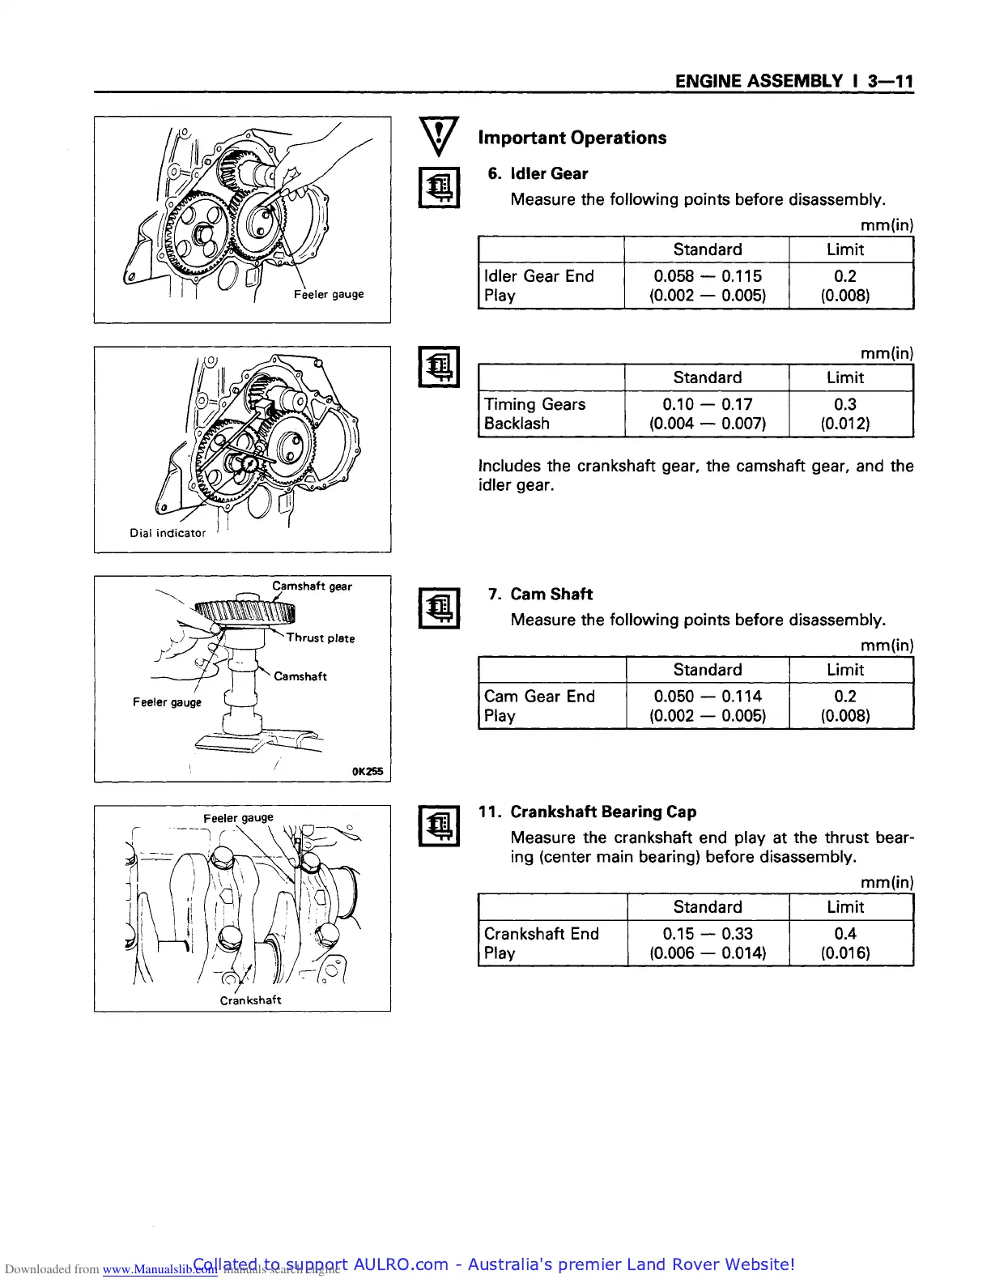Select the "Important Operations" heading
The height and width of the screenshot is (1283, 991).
(x=572, y=138)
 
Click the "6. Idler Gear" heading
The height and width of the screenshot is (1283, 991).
(x=538, y=173)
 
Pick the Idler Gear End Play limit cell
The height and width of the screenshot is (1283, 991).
(x=845, y=285)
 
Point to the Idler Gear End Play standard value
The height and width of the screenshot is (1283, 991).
(x=707, y=285)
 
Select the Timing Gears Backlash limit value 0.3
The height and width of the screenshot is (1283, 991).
(x=845, y=404)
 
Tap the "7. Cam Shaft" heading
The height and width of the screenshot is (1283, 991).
(x=540, y=594)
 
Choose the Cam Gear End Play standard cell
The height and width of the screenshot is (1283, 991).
(x=707, y=705)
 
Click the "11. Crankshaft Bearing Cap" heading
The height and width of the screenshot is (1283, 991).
(x=587, y=812)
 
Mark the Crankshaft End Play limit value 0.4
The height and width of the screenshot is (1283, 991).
(x=845, y=934)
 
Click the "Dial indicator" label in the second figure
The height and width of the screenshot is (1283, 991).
(x=168, y=533)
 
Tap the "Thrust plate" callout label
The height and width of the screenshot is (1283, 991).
(x=321, y=638)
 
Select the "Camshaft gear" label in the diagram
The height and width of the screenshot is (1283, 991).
(x=312, y=586)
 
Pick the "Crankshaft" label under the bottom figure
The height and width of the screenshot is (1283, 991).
(x=250, y=1000)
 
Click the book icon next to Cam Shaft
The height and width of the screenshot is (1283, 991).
(x=440, y=608)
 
